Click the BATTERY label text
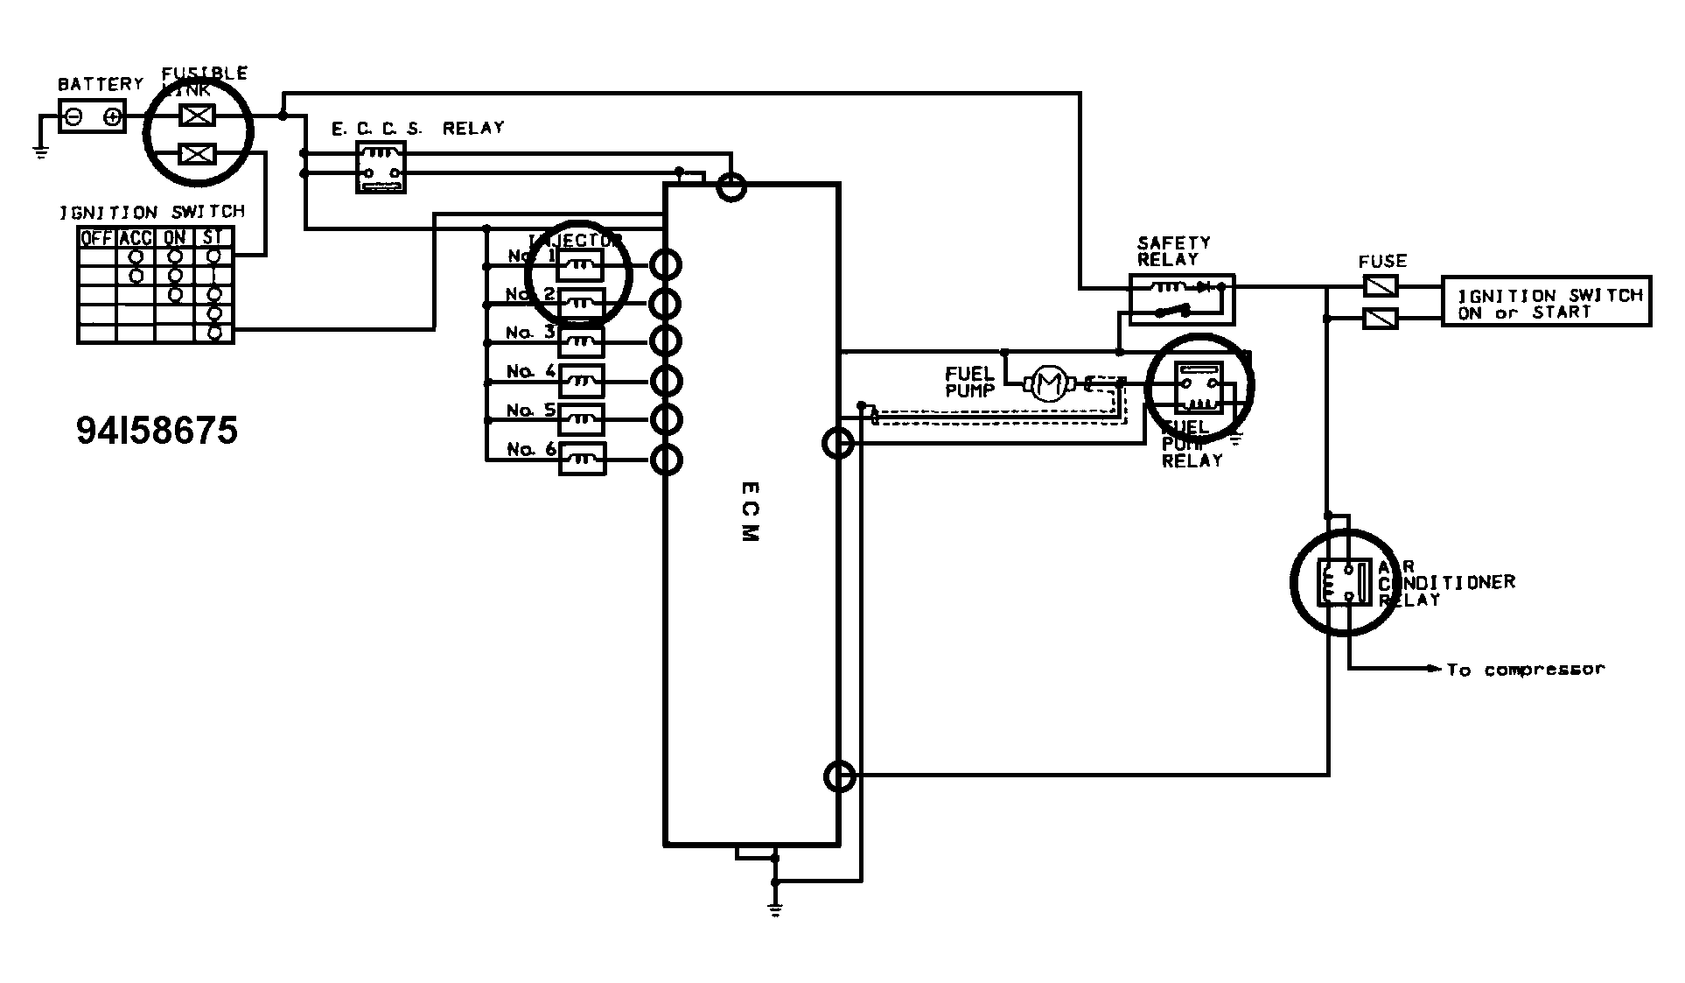100,84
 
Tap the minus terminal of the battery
74,116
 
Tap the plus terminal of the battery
111,116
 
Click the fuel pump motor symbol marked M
1045,383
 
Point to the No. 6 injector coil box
582,458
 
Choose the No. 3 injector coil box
582,340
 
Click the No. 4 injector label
531,371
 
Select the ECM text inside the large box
751,511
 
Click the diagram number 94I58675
157,431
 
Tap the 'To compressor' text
1525,670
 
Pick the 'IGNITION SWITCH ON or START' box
1546,303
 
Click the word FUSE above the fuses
1382,261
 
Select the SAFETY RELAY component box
1181,298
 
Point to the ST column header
213,237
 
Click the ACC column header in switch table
136,237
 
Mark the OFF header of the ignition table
96,237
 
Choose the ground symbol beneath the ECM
774,910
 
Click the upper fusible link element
197,115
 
